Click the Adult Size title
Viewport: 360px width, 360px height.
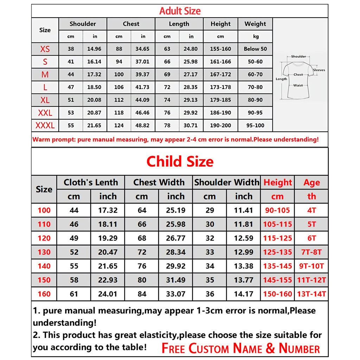click(180, 11)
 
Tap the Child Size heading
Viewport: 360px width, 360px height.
click(180, 161)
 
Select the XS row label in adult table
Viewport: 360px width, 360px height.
click(45, 49)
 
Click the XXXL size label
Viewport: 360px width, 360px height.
click(45, 126)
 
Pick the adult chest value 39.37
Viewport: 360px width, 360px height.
click(142, 75)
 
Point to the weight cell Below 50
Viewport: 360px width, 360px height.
click(255, 49)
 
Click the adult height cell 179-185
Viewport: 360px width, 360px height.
click(220, 100)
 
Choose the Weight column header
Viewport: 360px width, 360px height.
click(255, 24)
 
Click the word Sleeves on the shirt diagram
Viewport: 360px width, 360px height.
click(319, 70)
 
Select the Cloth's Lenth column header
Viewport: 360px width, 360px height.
click(91, 182)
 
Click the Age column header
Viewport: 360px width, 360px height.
click(311, 182)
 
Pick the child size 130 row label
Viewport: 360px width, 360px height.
click(44, 252)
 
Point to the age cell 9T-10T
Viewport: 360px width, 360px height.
click(311, 266)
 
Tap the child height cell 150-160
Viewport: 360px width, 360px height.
click(277, 294)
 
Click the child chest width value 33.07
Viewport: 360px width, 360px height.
click(175, 294)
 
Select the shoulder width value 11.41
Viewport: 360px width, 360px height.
click(243, 210)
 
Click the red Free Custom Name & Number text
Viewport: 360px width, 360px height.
click(240, 348)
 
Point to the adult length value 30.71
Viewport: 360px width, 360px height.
click(191, 126)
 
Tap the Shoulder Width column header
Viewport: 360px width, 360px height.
click(226, 182)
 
